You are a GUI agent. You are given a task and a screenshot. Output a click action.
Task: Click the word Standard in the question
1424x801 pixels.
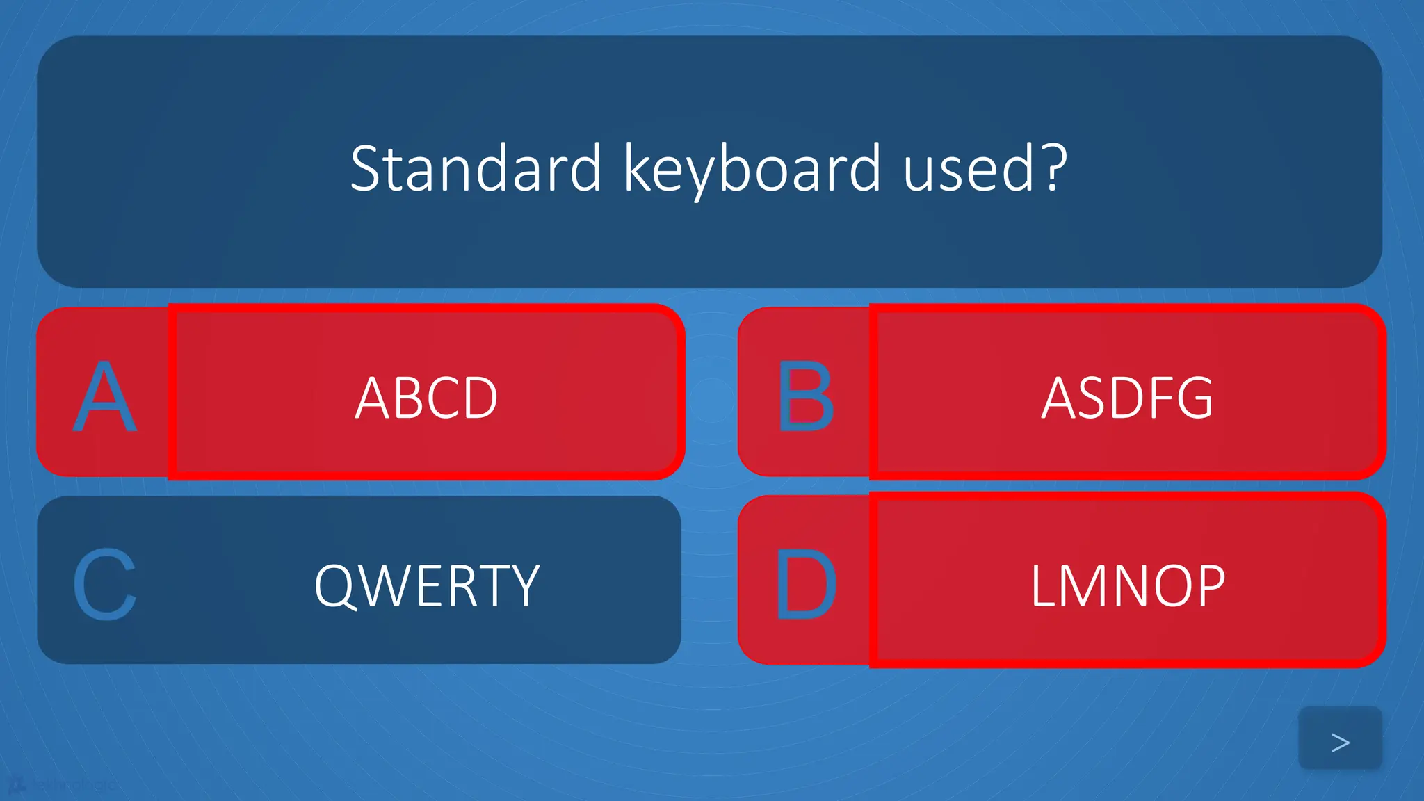[476, 168]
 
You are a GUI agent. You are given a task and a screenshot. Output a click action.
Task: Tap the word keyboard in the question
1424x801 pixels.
[752, 168]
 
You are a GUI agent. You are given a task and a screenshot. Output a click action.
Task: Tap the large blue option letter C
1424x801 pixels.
[104, 585]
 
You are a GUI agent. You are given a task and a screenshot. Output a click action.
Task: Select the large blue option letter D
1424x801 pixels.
[805, 585]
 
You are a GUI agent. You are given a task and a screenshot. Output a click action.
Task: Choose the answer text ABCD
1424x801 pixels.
[426, 398]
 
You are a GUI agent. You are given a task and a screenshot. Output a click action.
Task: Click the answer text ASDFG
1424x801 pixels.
[1127, 398]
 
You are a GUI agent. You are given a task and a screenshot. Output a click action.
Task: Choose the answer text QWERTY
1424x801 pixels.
[427, 586]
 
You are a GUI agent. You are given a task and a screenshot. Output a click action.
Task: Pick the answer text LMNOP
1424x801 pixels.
[1127, 586]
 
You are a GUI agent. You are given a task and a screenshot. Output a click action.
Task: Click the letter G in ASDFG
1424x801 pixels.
[1195, 398]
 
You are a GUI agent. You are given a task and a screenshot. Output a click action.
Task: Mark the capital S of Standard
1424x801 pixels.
[369, 168]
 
